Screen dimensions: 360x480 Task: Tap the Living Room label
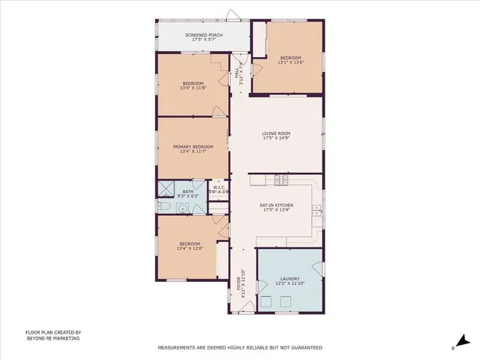pyautogui.click(x=276, y=133)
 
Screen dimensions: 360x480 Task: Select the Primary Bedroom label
pyautogui.click(x=193, y=147)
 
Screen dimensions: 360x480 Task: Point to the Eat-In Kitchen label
pyautogui.click(x=276, y=205)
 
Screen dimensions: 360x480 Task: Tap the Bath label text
pyautogui.click(x=187, y=190)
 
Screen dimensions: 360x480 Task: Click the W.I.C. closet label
pyautogui.click(x=218, y=188)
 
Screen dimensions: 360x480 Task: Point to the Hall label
pyautogui.click(x=240, y=74)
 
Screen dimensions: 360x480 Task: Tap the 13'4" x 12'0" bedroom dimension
pyautogui.click(x=189, y=248)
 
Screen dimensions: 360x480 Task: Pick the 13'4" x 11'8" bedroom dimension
pyautogui.click(x=193, y=88)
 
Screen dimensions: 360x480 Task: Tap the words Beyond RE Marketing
pyautogui.click(x=52, y=338)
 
